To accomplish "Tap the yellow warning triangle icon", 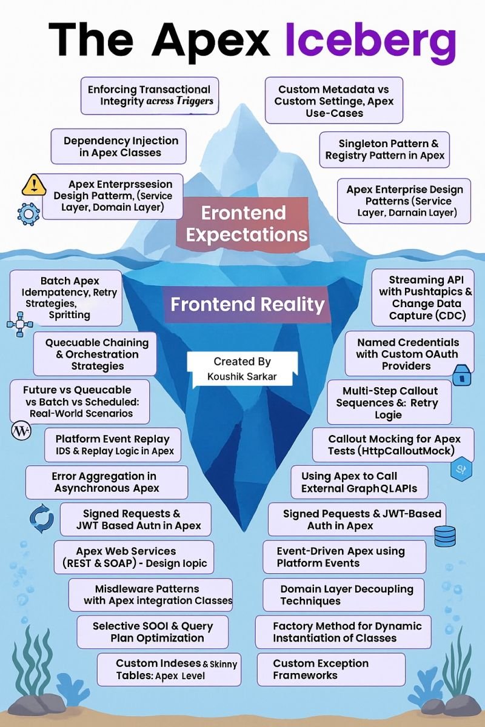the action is pyautogui.click(x=33, y=185).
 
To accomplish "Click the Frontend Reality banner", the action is pyautogui.click(x=247, y=304).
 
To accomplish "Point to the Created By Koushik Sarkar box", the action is pyautogui.click(x=242, y=369).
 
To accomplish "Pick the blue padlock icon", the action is pyautogui.click(x=462, y=375).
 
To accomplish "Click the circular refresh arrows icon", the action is pyautogui.click(x=42, y=519).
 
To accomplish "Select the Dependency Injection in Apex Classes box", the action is pyautogui.click(x=119, y=147).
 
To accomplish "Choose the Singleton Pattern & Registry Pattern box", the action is pyautogui.click(x=384, y=150).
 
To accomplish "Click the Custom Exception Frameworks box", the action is pyautogui.click(x=331, y=669).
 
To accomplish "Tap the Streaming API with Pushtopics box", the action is pyautogui.click(x=423, y=297).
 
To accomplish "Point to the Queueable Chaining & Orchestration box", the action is pyautogui.click(x=95, y=354).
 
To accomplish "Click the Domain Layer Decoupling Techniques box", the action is pyautogui.click(x=344, y=594).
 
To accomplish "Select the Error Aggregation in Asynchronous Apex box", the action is pyautogui.click(x=107, y=482).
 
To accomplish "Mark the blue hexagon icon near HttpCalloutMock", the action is pyautogui.click(x=461, y=469).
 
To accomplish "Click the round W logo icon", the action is pyautogui.click(x=21, y=431).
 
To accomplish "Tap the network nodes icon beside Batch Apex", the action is pyautogui.click(x=20, y=324).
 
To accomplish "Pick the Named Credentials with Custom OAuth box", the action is pyautogui.click(x=409, y=354).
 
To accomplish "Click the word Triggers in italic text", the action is pyautogui.click(x=195, y=101).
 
